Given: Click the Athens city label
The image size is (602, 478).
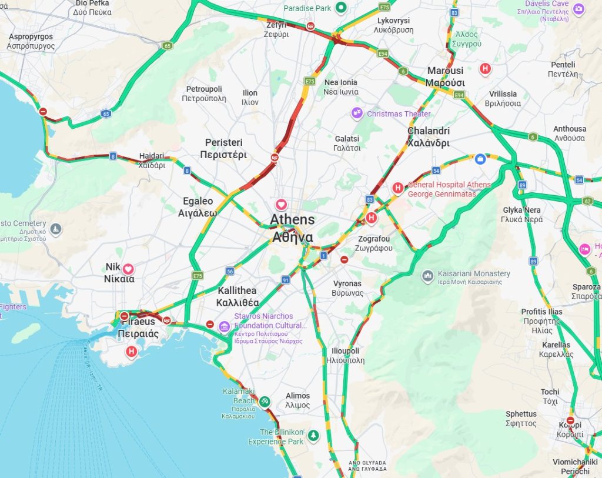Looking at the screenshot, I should click(292, 228).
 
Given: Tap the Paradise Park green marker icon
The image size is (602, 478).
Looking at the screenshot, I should click(341, 8).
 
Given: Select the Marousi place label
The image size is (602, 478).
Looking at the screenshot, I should click(446, 76).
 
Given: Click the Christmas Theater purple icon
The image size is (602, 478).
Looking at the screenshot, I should click(357, 113).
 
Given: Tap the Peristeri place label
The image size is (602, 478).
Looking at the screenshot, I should click(223, 149).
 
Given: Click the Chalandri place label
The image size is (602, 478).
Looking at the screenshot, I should click(429, 137).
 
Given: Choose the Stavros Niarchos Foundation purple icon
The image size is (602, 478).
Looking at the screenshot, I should click(224, 326).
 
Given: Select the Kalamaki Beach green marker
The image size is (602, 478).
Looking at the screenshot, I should click(265, 402).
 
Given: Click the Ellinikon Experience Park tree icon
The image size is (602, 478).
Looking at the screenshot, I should click(315, 435).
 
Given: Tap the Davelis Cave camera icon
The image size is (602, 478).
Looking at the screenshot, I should click(578, 9).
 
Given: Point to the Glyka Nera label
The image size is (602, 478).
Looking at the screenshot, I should click(522, 215).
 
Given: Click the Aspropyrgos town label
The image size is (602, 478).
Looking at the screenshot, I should click(31, 41).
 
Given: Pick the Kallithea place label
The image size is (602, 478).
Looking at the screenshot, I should click(238, 297).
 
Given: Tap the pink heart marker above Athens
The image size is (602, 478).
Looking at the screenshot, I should click(282, 205).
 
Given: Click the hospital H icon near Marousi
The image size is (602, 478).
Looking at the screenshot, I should click(485, 68).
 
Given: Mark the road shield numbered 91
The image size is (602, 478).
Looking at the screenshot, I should click(285, 280).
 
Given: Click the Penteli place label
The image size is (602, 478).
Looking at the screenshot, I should click(563, 69).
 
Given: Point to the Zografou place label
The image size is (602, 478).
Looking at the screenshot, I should click(375, 243).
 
